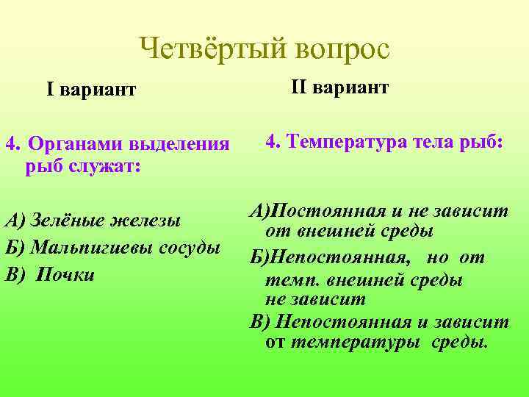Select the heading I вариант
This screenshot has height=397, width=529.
(91, 90)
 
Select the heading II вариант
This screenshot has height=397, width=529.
(339, 87)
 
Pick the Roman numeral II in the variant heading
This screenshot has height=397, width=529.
(298, 87)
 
